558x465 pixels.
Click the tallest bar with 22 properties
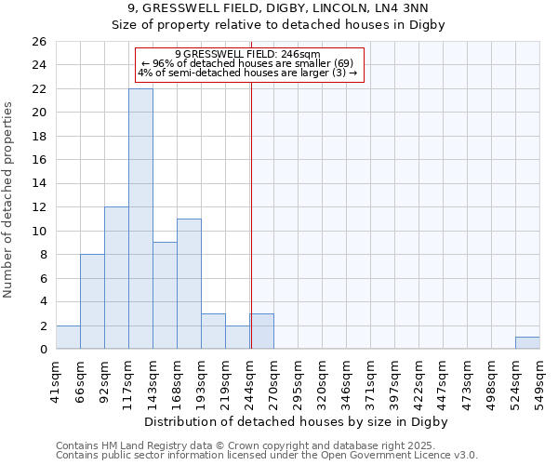click(140, 219)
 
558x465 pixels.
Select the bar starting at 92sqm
click(116, 278)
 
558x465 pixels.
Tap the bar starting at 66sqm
click(92, 301)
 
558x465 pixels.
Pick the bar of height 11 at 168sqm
click(189, 284)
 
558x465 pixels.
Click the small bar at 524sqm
click(527, 343)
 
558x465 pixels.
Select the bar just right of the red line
click(261, 332)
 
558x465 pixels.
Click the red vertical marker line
click(251, 205)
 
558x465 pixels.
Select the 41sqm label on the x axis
click(56, 379)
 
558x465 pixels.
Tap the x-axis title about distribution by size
click(297, 421)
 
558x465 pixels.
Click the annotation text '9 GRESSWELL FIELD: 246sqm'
click(247, 54)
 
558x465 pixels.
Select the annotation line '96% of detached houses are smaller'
click(247, 63)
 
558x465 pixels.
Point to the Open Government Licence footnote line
click(267, 456)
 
